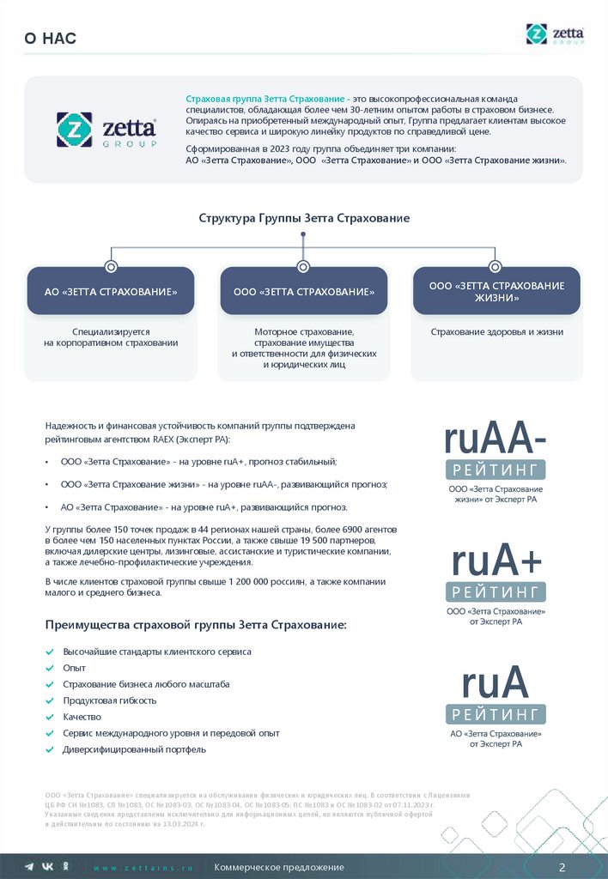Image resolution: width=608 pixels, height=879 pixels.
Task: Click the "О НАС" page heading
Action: point(51,37)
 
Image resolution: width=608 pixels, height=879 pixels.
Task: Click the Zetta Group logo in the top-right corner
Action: point(555,34)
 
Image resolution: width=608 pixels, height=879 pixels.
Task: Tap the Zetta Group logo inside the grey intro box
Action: point(106,130)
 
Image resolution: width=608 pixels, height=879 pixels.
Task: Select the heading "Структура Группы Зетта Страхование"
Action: point(304,218)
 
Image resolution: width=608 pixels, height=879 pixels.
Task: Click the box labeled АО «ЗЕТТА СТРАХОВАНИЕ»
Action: point(111,292)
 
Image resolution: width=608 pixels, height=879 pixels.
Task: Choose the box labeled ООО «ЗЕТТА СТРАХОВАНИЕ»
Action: point(304,292)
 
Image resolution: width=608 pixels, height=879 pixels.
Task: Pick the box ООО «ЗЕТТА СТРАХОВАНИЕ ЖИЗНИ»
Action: point(496,292)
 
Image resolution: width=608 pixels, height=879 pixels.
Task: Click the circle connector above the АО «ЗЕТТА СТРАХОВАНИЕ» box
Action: point(111,266)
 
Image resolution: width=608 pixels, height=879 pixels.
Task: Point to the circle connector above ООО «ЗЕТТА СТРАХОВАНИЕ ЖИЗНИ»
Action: point(494,266)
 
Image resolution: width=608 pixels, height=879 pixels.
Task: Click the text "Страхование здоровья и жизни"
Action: point(496,331)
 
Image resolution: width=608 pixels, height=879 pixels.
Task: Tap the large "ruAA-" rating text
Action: point(496,439)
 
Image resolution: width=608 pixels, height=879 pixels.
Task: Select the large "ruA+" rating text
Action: point(496,561)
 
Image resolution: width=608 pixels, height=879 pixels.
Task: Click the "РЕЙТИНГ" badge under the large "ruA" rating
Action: point(496,714)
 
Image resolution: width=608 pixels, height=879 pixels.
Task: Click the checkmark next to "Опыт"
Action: point(50,668)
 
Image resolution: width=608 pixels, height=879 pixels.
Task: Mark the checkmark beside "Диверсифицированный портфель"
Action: point(50,749)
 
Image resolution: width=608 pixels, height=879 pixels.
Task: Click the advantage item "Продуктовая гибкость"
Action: point(109,700)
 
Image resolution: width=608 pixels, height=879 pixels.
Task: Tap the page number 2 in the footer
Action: point(562,866)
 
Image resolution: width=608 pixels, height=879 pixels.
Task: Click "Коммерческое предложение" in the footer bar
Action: point(279,867)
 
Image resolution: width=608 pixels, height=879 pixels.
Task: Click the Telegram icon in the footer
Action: point(29,867)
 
